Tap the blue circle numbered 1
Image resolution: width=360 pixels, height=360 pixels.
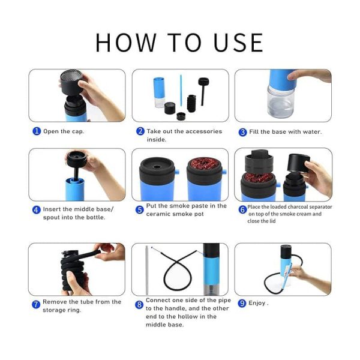coord(36,131)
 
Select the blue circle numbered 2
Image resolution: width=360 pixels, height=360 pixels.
coord(140,131)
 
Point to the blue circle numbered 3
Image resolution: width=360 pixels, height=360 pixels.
coord(242,132)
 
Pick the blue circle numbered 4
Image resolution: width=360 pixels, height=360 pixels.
coord(36,209)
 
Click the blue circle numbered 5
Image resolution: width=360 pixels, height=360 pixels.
coord(139,209)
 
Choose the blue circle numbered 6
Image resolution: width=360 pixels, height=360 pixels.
coord(242,209)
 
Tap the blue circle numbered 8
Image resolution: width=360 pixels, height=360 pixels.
coord(139,304)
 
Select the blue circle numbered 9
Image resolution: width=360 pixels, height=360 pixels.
coord(242,304)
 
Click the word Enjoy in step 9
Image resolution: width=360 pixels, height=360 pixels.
coord(257,304)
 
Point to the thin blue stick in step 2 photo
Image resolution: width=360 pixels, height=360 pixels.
coord(181,89)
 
